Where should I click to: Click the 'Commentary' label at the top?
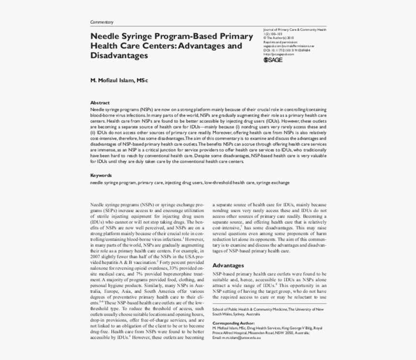click(102, 22)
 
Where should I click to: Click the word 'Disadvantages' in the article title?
click(119, 56)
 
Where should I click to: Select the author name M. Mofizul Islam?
click(119, 80)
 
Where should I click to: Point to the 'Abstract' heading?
click(100, 102)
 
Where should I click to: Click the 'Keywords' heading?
click(101, 175)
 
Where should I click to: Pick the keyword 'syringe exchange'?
click(273, 183)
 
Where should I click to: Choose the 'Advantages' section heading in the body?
click(228, 265)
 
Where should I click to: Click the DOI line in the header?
click(287, 50)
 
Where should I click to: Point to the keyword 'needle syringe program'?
click(113, 183)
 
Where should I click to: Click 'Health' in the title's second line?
click(104, 46)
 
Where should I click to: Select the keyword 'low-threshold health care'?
click(229, 183)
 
